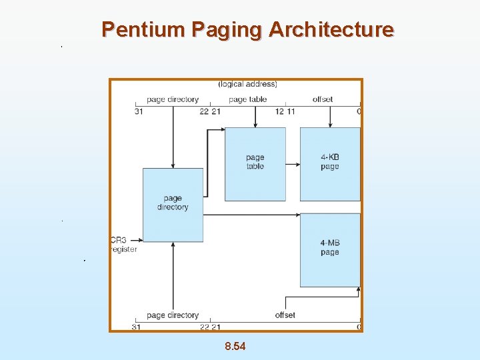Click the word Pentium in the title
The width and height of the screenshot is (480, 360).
pyautogui.click(x=143, y=29)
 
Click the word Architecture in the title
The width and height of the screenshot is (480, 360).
pyautogui.click(x=331, y=29)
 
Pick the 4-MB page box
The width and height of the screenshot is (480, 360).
pyautogui.click(x=329, y=249)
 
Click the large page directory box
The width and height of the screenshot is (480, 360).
pyautogui.click(x=173, y=204)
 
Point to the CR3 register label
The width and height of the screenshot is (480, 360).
pyautogui.click(x=123, y=245)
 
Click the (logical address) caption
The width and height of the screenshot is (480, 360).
pyautogui.click(x=248, y=84)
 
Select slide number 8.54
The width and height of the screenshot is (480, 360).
pyautogui.click(x=235, y=346)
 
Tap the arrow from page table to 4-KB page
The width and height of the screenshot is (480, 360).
pyautogui.click(x=293, y=162)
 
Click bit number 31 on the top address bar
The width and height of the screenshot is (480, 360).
pyautogui.click(x=138, y=111)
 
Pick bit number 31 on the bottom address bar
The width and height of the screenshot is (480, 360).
pyautogui.click(x=135, y=327)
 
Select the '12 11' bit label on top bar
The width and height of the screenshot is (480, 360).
pyautogui.click(x=285, y=111)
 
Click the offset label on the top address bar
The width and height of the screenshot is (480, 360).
pyautogui.click(x=323, y=99)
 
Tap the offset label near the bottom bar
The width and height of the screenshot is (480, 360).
pyautogui.click(x=285, y=315)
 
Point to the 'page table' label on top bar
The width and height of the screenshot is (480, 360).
pyautogui.click(x=247, y=99)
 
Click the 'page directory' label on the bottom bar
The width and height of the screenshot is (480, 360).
pyautogui.click(x=173, y=315)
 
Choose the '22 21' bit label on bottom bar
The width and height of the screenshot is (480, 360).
pyautogui.click(x=210, y=327)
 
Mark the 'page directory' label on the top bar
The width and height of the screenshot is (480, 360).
pyautogui.click(x=173, y=99)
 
